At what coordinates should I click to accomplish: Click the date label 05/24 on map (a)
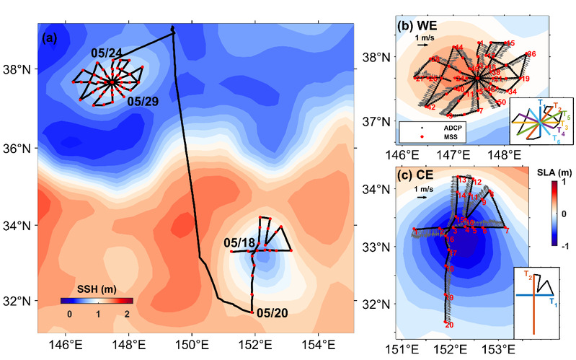point(106,53)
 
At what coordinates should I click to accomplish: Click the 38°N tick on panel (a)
point(21,71)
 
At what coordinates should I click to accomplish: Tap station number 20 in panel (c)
point(449,325)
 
